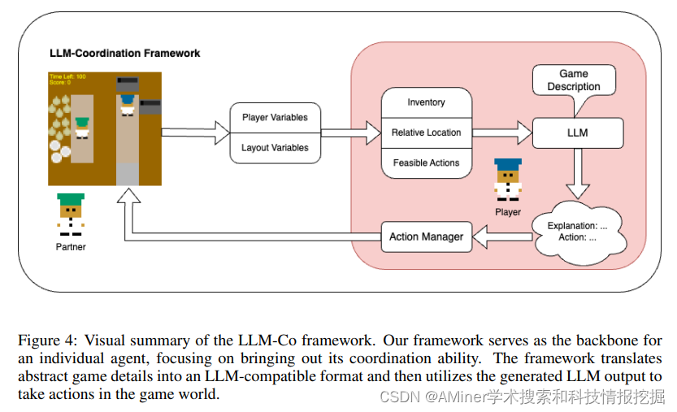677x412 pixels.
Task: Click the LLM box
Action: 578,132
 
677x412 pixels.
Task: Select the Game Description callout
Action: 573,80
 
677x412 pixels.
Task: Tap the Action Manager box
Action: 426,236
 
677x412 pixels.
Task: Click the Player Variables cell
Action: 275,117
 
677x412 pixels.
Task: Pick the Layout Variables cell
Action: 275,148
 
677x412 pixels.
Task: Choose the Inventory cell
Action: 426,102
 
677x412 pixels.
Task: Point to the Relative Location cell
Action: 426,132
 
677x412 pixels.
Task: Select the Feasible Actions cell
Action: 426,163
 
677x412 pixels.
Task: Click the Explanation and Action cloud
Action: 578,231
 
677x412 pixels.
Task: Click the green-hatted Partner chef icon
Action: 71,215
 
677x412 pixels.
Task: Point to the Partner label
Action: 71,246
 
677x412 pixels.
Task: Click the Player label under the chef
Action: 508,212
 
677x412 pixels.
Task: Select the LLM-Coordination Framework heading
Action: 124,54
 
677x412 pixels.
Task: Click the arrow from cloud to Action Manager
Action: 502,236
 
